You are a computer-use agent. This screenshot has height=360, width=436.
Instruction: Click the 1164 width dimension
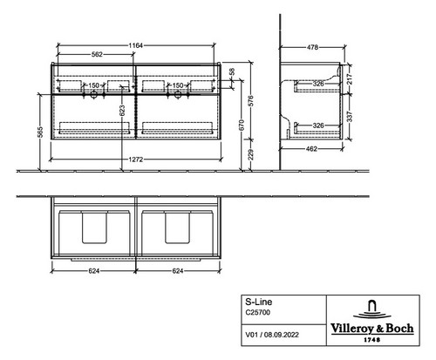136,45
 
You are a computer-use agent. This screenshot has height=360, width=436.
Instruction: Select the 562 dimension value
97,54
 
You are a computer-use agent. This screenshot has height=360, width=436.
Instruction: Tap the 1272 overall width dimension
136,160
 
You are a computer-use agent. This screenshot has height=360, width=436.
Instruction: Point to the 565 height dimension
41,132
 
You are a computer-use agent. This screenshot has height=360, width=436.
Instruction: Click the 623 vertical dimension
122,111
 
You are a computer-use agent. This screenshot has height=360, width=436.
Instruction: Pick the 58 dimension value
231,72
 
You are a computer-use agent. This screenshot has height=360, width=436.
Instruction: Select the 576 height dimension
251,100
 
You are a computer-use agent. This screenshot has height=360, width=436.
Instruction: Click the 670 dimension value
242,125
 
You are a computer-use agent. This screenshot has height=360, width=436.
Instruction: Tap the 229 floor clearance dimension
251,154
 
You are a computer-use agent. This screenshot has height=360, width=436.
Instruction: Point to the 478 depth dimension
312,47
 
